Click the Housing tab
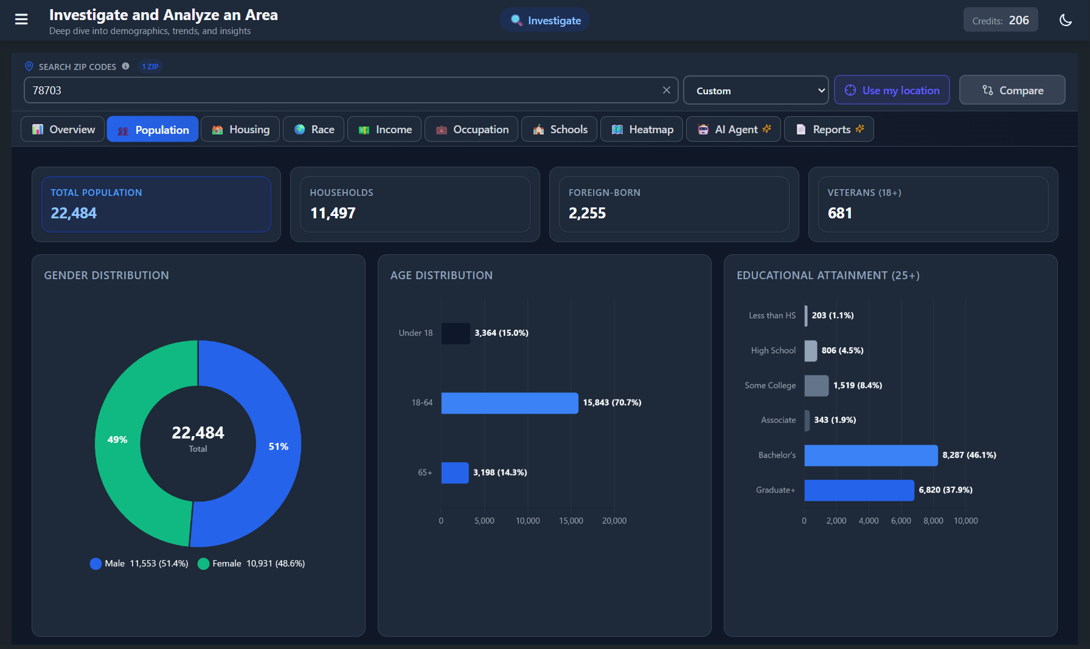point(240,130)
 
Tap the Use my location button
point(892,91)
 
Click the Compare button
point(1012,91)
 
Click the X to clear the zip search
point(667,90)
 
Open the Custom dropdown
point(756,91)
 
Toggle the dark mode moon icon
point(1066,20)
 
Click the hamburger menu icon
point(21,19)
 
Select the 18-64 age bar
point(510,403)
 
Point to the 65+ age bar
point(455,473)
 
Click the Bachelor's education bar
point(871,456)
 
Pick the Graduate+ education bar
point(859,490)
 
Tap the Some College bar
point(816,386)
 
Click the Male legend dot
point(95,564)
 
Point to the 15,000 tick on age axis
point(571,521)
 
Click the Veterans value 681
point(840,213)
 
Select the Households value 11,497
point(333,213)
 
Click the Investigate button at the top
point(546,20)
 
